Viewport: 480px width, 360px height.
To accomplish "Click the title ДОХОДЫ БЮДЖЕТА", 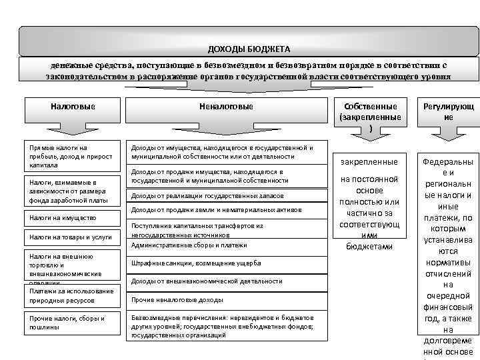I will point(249,49).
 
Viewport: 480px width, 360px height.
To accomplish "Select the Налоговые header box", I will point(73,107).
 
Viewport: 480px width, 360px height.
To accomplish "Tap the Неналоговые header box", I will point(226,107).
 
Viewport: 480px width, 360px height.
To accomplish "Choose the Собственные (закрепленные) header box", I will point(371,116).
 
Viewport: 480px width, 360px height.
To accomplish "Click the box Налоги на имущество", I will point(72,217).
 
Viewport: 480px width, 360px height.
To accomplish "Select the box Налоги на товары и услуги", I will point(72,237).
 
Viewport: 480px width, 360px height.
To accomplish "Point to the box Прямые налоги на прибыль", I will point(72,155).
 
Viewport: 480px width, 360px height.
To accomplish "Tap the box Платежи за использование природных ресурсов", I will point(72,296).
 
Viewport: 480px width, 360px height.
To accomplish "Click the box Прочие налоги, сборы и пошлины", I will point(72,323).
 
